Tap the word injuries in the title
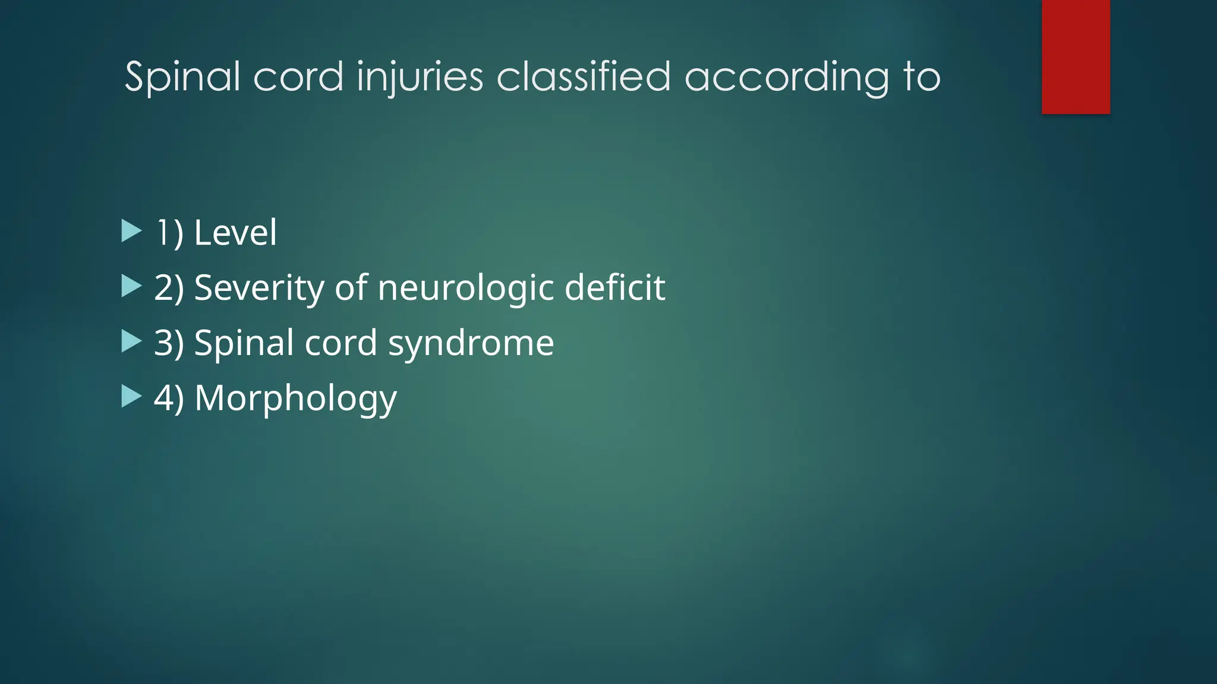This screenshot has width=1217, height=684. (x=420, y=77)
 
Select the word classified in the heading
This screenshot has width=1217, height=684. (x=584, y=77)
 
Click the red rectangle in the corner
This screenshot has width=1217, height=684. (x=1076, y=56)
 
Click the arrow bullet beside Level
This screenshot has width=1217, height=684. (x=131, y=231)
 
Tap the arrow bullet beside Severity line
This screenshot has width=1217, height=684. (x=131, y=286)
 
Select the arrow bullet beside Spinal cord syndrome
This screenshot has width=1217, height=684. (x=131, y=341)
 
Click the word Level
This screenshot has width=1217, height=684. (x=235, y=232)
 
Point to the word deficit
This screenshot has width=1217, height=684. (x=614, y=287)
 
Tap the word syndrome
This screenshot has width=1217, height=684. (x=471, y=343)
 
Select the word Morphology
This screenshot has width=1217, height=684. (x=295, y=398)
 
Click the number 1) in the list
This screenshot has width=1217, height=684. (x=169, y=232)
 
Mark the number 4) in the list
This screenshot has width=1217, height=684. (x=169, y=398)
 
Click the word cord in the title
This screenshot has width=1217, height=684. (x=298, y=77)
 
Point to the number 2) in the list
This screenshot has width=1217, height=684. (x=169, y=287)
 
